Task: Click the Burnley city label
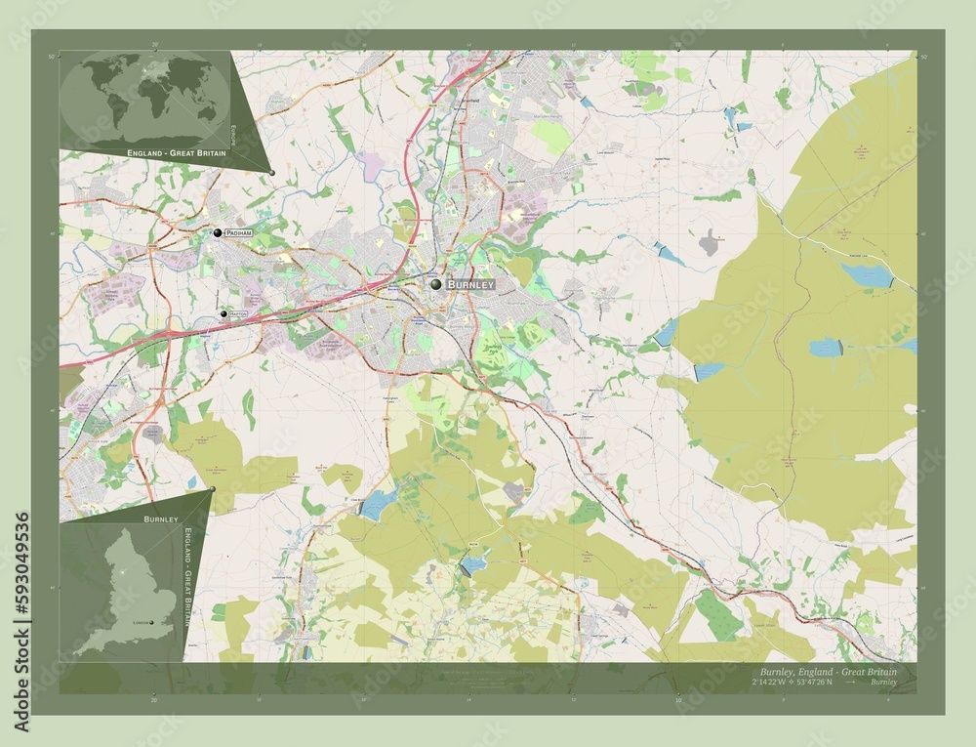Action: tap(470, 284)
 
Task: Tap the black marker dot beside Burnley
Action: tap(436, 284)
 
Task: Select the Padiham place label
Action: tap(239, 234)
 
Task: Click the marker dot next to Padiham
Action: tap(218, 233)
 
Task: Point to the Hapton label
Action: tap(238, 313)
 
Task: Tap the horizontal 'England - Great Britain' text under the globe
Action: tap(176, 154)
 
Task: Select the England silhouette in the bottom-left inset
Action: tap(127, 586)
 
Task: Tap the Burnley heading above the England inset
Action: tap(159, 519)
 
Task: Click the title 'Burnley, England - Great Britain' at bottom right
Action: tap(827, 672)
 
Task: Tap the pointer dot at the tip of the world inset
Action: tap(272, 174)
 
